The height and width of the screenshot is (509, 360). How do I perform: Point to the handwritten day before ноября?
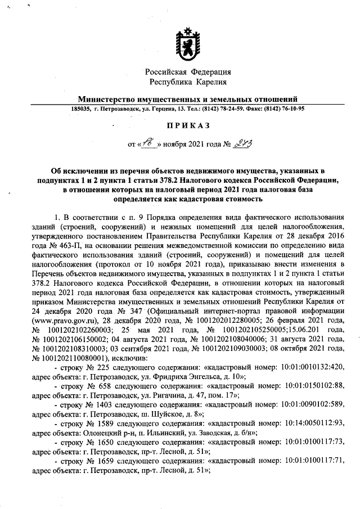coord(148,145)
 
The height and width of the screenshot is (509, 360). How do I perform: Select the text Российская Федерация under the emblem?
coord(188,72)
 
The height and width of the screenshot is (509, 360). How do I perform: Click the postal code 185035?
coord(81,109)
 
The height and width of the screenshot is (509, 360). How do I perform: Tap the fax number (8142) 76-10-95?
coord(283,109)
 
